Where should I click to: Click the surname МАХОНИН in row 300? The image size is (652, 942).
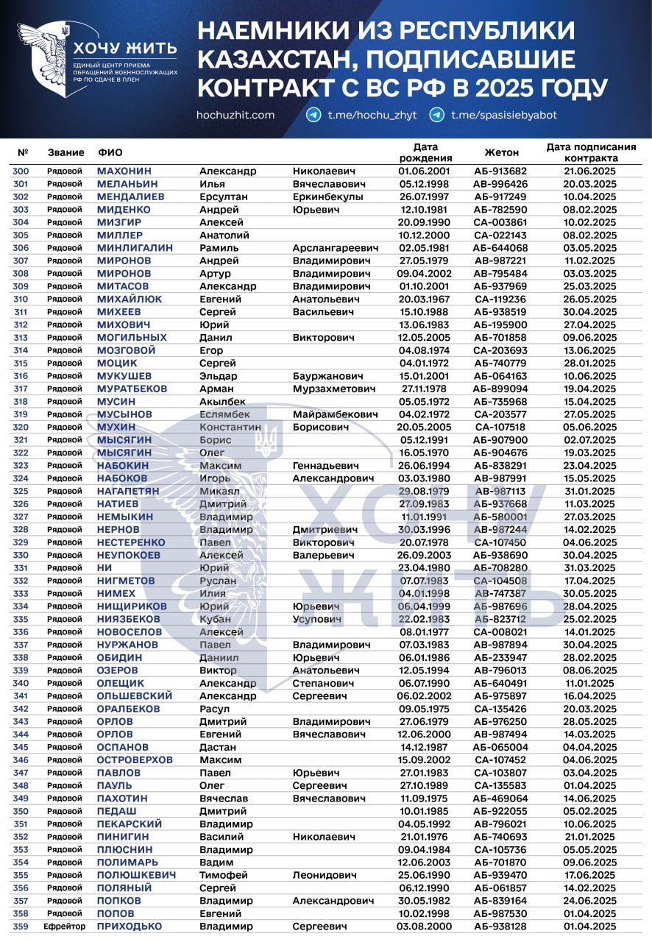point(124,171)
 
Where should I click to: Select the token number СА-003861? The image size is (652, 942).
point(500,222)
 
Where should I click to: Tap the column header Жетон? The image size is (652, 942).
point(501,152)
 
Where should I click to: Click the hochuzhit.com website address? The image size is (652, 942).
point(235,115)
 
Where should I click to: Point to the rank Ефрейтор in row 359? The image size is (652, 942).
point(64,926)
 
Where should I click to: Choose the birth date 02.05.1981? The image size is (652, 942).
point(423,248)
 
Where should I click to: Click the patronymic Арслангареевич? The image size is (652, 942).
point(336,248)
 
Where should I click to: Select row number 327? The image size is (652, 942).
point(21,517)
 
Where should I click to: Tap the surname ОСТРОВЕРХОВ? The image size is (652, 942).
point(135,759)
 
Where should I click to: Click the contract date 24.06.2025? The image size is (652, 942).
point(590,900)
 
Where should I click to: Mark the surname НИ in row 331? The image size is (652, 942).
point(104,567)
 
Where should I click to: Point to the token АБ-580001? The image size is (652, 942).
point(500,517)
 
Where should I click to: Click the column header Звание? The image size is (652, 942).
point(65,152)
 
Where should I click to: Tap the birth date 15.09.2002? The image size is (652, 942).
point(423,759)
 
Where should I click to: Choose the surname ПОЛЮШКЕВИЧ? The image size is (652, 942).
point(136,875)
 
